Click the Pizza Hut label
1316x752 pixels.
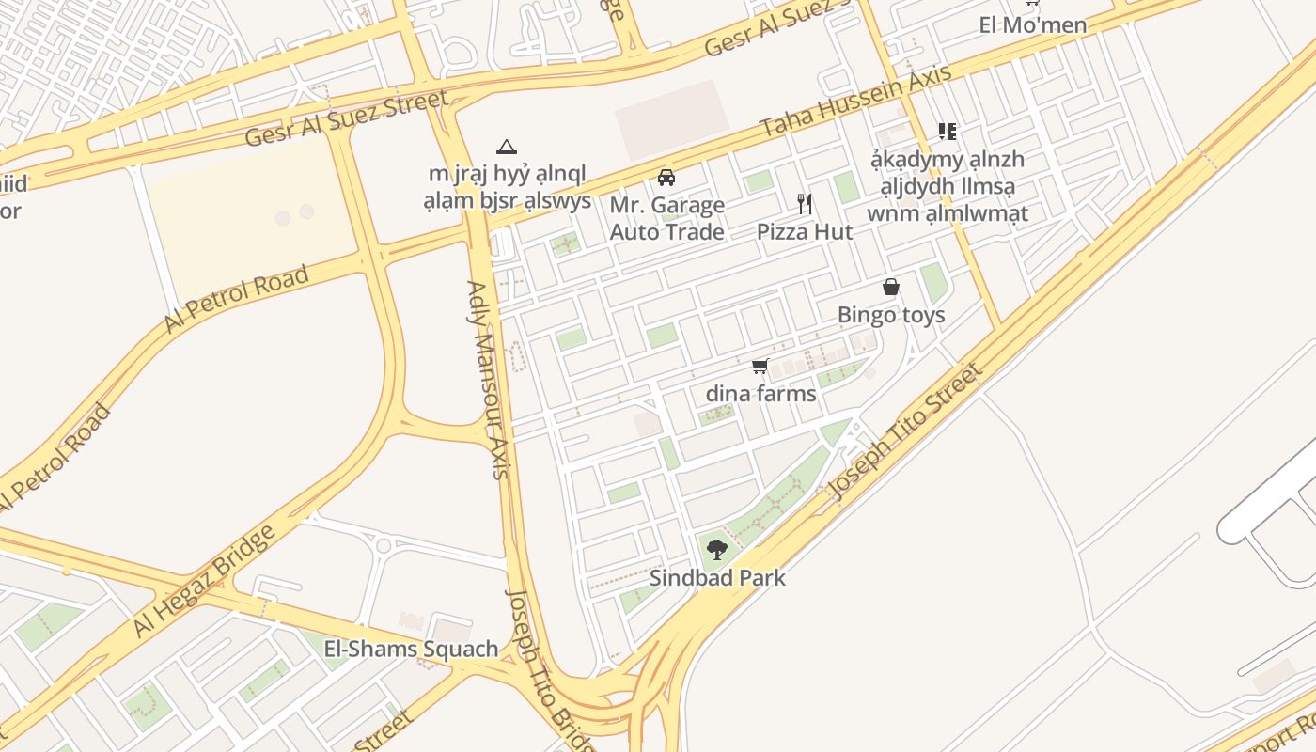click(805, 232)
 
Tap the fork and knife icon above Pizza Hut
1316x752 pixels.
click(805, 203)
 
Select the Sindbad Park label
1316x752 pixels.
click(717, 578)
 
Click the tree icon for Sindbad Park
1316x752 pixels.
click(717, 549)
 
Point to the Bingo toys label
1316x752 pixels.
click(891, 315)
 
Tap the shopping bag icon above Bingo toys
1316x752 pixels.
click(891, 287)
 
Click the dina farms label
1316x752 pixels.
click(760, 394)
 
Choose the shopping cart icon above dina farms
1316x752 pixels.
click(760, 366)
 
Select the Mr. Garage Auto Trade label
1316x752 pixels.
click(667, 218)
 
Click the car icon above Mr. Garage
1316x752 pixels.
click(666, 177)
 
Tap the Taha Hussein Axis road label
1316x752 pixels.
click(855, 101)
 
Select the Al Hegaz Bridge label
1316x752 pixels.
click(204, 581)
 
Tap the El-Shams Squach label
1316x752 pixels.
click(411, 649)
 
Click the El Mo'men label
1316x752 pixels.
click(1032, 25)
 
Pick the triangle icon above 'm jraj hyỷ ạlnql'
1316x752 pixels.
click(507, 147)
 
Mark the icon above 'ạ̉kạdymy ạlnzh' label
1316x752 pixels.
click(947, 131)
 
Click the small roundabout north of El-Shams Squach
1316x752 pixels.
click(383, 544)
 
